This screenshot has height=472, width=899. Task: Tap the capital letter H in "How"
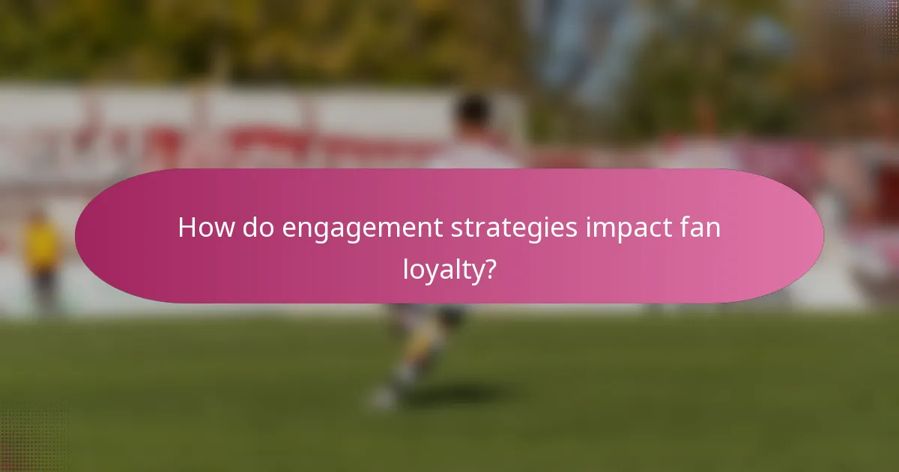(x=187, y=228)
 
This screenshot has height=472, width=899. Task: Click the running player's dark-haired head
(x=473, y=112)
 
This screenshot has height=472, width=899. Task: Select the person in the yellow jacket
(x=42, y=247)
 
